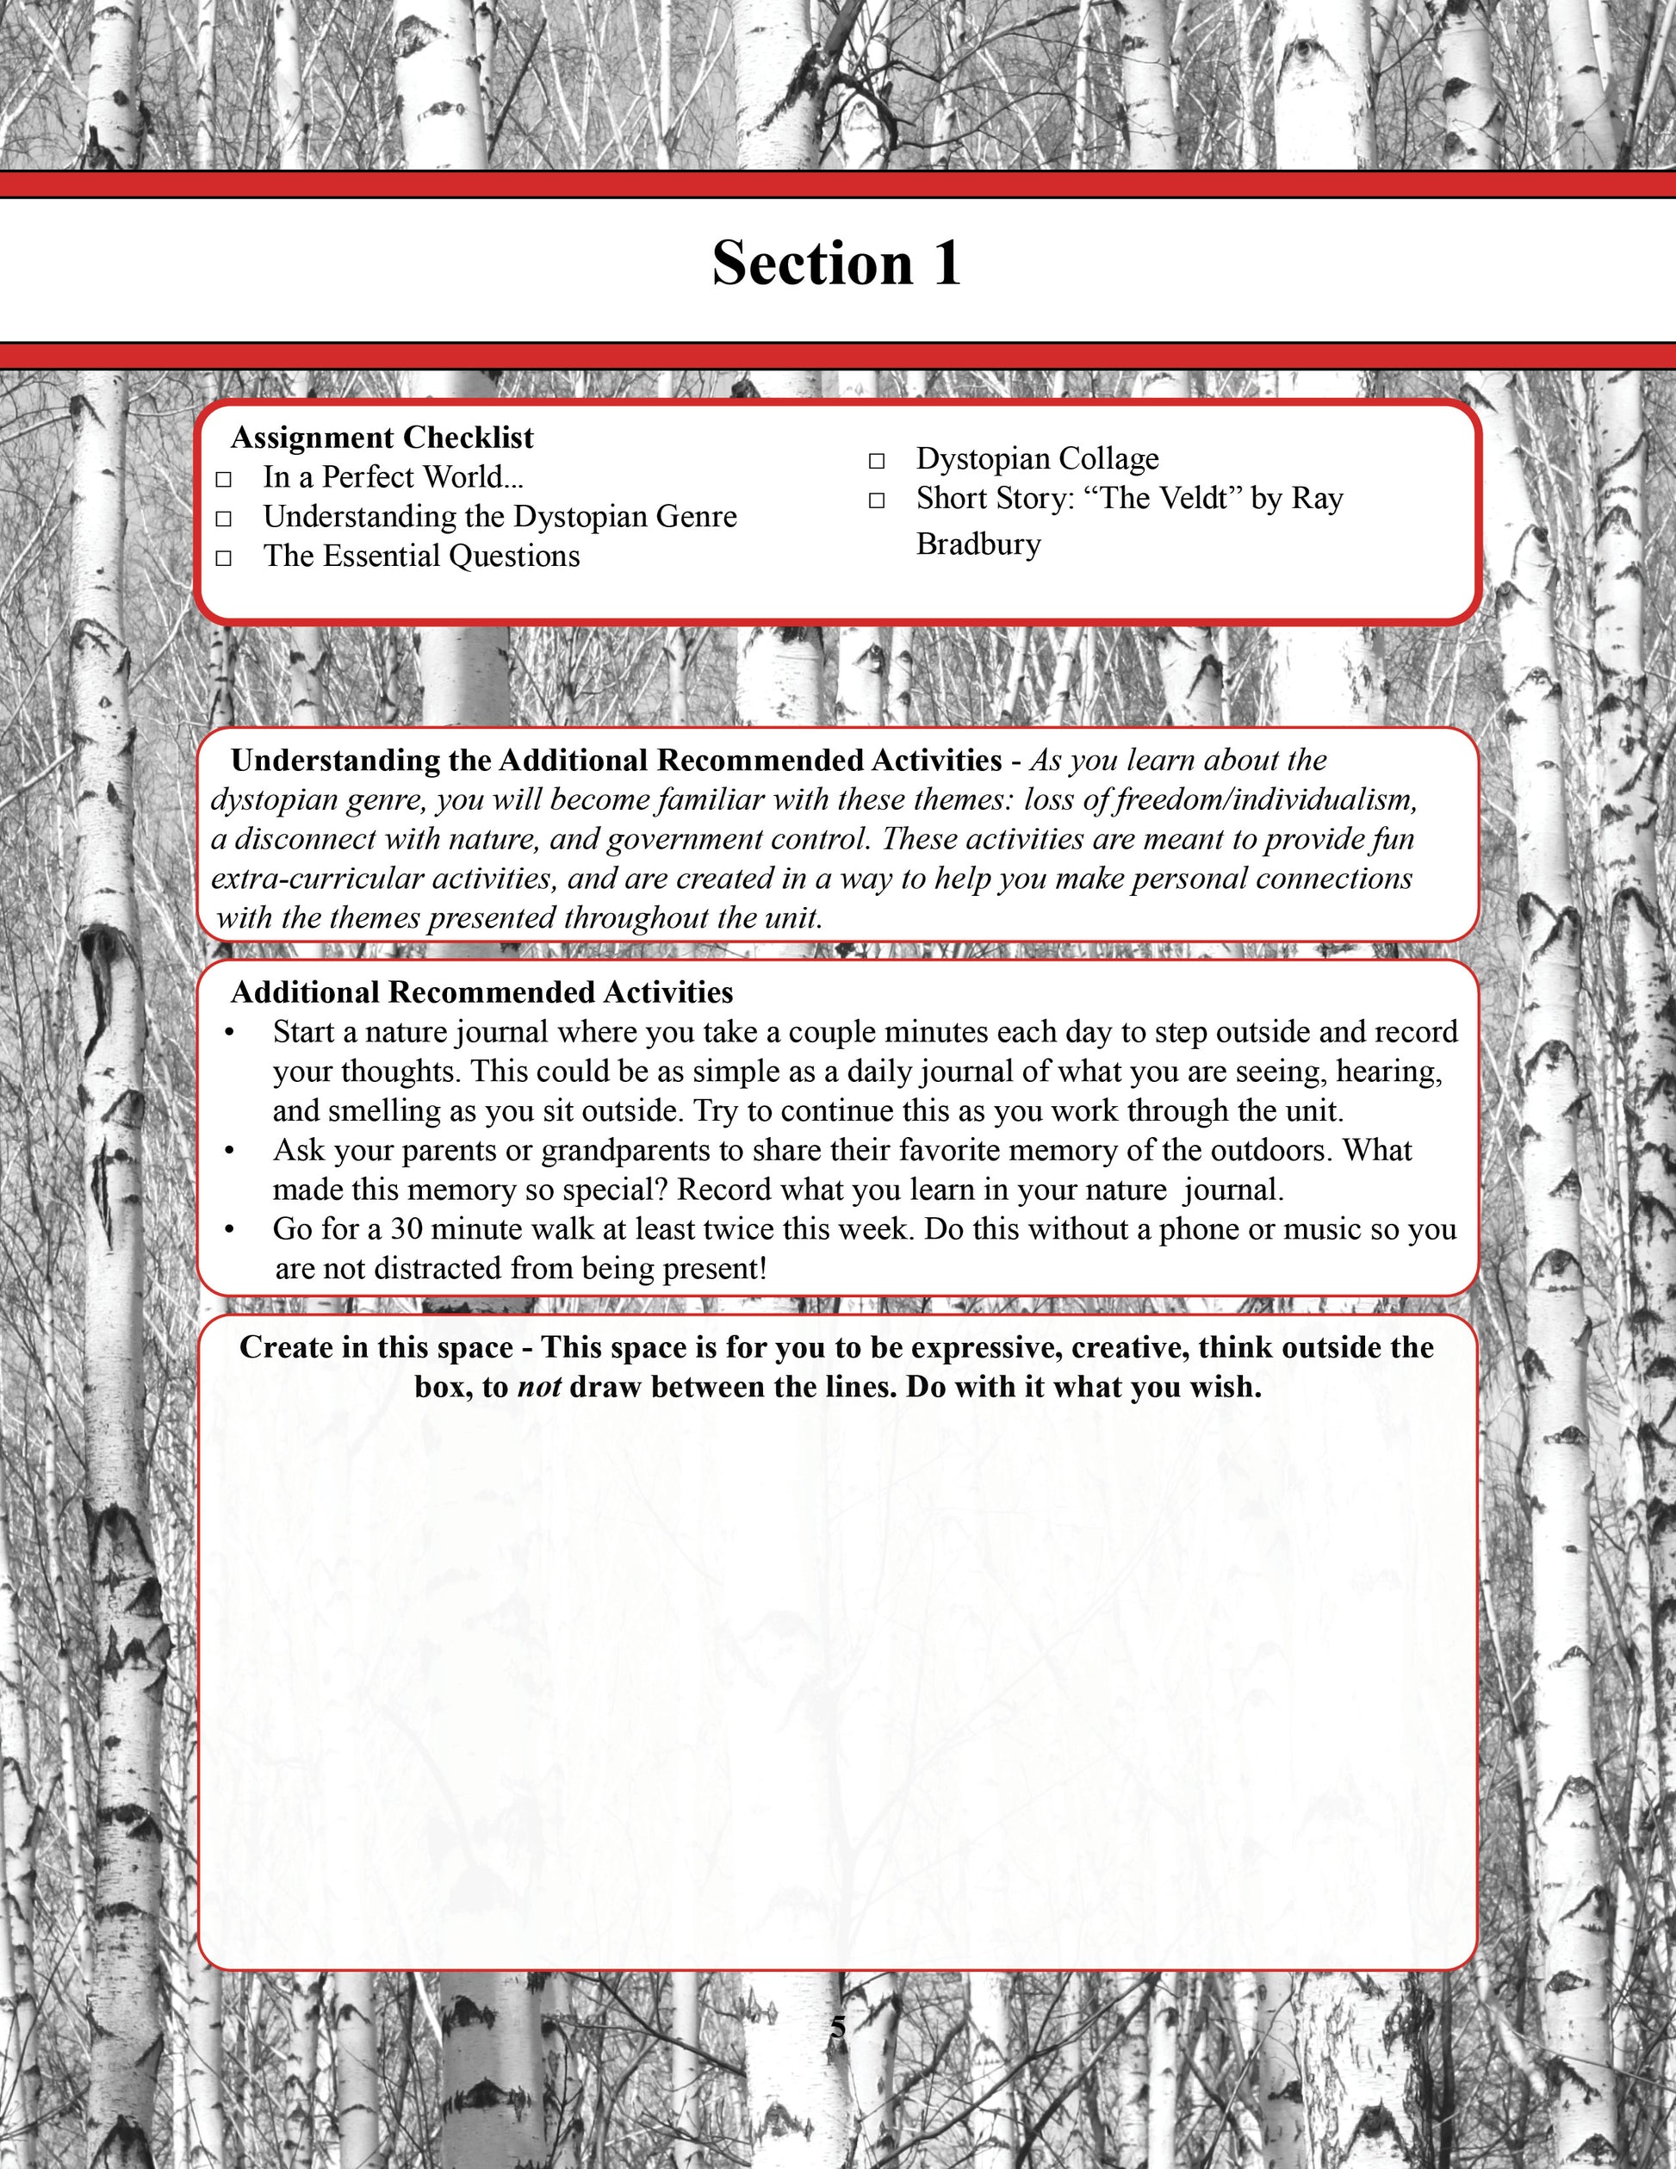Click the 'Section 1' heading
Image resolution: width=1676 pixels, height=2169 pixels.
click(x=836, y=264)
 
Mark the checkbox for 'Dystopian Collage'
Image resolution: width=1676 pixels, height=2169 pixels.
click(x=877, y=461)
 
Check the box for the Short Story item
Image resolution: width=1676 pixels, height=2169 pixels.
click(x=877, y=500)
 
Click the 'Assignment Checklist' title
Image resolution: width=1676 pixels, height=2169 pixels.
click(x=382, y=438)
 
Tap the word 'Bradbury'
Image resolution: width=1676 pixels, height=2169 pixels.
click(x=978, y=544)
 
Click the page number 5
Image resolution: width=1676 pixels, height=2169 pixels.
click(x=838, y=2028)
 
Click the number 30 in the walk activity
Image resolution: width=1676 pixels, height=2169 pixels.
click(x=407, y=1229)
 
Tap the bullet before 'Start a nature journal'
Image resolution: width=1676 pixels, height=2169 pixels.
click(x=229, y=1034)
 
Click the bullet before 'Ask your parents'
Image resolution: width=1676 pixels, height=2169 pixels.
click(x=229, y=1152)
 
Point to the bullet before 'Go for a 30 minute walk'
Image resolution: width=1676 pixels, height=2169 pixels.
click(x=229, y=1230)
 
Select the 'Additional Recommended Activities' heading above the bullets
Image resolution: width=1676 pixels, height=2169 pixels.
click(x=481, y=992)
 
